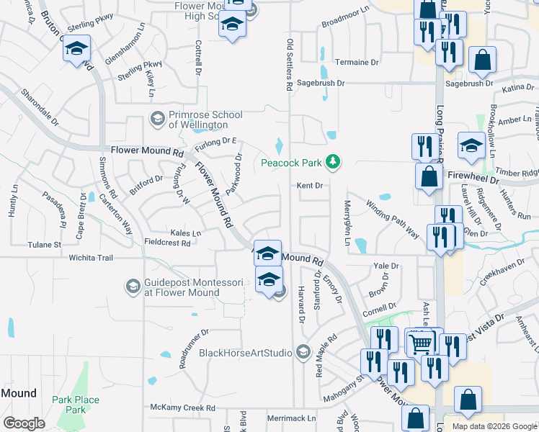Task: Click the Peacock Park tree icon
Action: coord(333,161)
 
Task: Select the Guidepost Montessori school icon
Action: coord(133,287)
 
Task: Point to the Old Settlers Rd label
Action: coord(289,65)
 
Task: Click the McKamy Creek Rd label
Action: coord(182,408)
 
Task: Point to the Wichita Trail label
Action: coord(92,257)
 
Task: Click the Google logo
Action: coord(24,423)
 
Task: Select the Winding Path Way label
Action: coord(393,219)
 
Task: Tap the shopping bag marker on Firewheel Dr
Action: coord(429,176)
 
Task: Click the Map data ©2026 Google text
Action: coord(494,426)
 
